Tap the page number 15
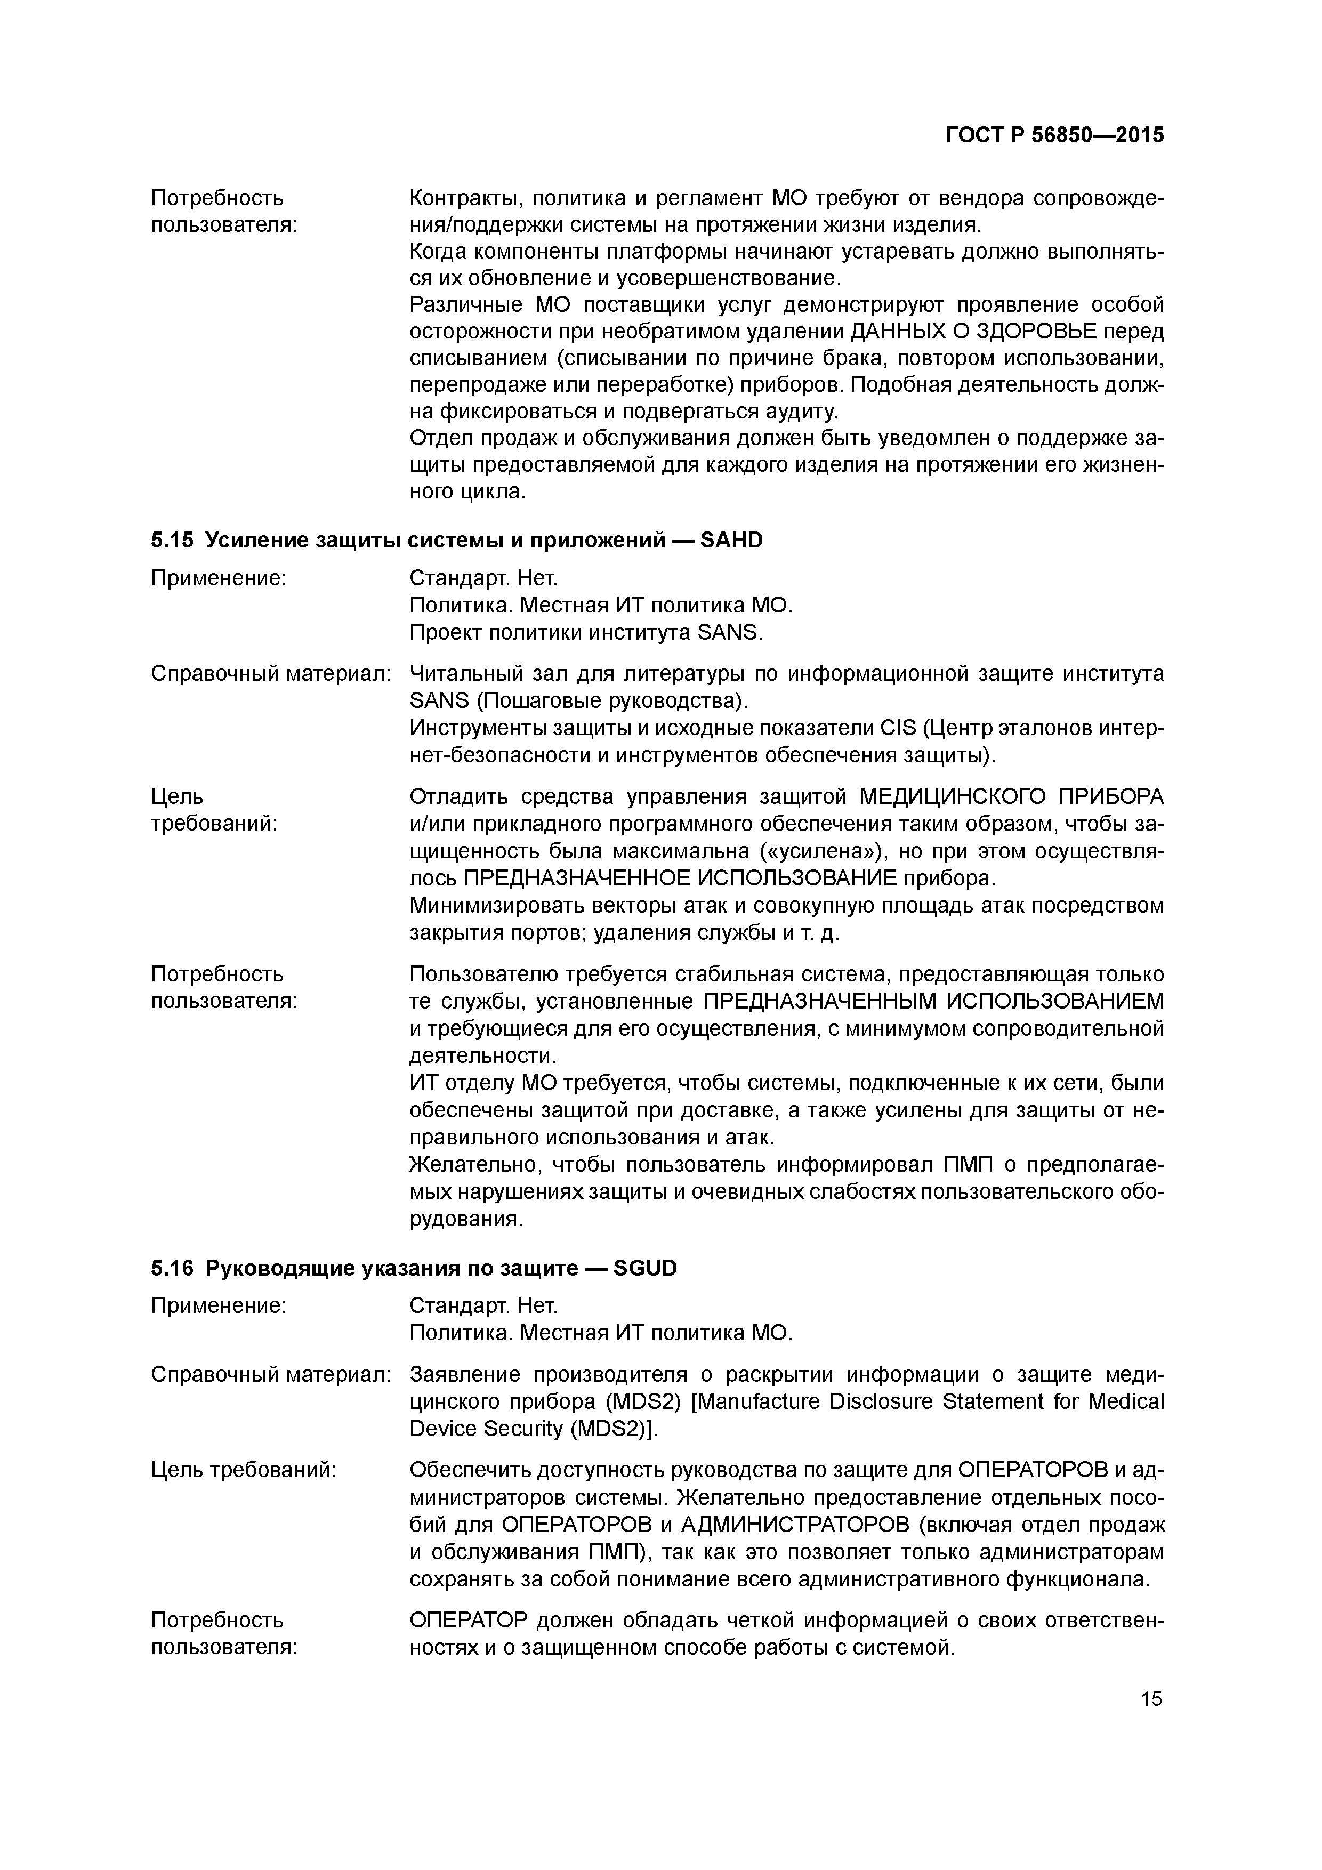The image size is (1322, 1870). click(x=1151, y=1698)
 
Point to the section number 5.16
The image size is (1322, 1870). click(x=172, y=1268)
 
